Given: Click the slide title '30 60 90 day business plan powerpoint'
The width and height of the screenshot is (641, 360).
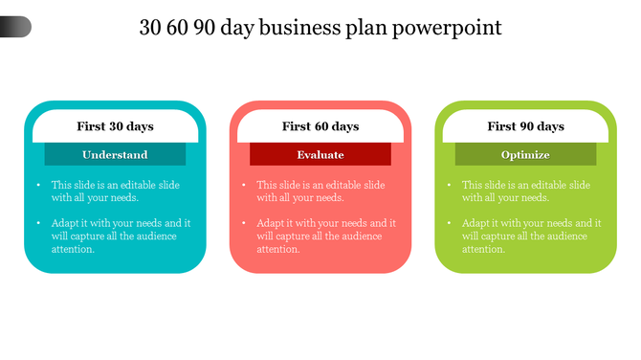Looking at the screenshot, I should click(x=320, y=28).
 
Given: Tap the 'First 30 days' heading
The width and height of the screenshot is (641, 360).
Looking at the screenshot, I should click(x=115, y=126).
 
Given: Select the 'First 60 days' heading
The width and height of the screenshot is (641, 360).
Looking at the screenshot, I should click(x=320, y=126).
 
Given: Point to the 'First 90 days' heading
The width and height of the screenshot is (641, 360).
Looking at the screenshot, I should click(x=525, y=126).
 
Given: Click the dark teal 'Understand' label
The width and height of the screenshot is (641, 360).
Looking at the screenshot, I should click(x=115, y=154).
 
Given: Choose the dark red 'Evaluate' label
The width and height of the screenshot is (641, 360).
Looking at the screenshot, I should click(x=320, y=154).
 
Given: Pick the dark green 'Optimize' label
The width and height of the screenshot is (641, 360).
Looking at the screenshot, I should click(x=525, y=154).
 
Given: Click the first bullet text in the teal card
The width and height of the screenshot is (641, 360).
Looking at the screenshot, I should click(x=115, y=191).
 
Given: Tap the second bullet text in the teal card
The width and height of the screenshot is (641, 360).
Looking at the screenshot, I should click(x=121, y=236).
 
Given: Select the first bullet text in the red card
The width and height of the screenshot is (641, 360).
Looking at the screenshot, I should click(x=320, y=191).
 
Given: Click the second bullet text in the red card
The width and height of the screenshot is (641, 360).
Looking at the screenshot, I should click(x=326, y=236).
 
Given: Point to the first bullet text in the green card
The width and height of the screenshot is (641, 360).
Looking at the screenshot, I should click(x=525, y=191).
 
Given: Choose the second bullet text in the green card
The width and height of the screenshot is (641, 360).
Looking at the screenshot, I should click(x=531, y=236).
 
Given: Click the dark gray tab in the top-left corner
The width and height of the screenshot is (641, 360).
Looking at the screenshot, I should click(x=15, y=27).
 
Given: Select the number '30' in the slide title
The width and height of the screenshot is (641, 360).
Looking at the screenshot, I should click(x=150, y=28).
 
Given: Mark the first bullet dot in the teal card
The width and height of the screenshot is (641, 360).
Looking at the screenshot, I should click(x=38, y=185).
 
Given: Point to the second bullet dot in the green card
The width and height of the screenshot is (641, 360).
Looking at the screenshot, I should click(x=449, y=223).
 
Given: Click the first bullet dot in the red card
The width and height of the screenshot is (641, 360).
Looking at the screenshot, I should click(x=244, y=185).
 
